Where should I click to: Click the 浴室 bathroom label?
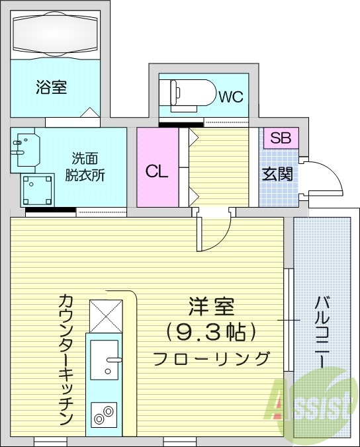click(51, 88)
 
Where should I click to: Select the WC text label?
click(231, 97)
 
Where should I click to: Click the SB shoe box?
click(281, 138)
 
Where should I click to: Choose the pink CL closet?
click(157, 172)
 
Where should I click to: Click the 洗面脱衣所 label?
click(85, 167)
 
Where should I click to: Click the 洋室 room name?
click(212, 306)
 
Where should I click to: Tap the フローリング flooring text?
click(212, 358)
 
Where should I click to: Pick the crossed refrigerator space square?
click(106, 316)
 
